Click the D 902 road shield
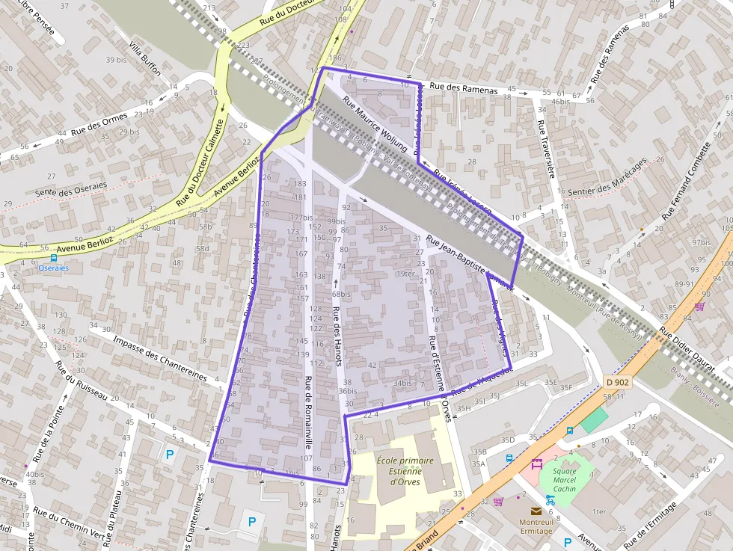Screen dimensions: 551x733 (x=617, y=382)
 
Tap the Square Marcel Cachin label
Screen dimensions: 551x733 (x=565, y=480)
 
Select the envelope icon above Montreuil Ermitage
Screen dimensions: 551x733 (x=536, y=511)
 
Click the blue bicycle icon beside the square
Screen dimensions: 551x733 (x=550, y=499)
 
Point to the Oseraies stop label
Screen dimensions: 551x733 (x=53, y=268)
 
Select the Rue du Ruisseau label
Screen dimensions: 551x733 (x=82, y=382)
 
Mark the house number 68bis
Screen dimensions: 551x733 (x=341, y=294)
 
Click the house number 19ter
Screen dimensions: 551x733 (x=405, y=274)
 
